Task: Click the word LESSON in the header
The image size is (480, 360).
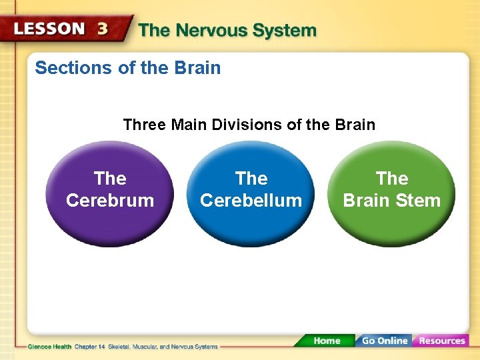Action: pyautogui.click(x=49, y=29)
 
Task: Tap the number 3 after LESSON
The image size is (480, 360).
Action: pyautogui.click(x=103, y=29)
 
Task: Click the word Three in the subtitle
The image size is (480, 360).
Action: pyautogui.click(x=144, y=125)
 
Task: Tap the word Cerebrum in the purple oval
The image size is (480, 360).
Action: pyautogui.click(x=110, y=201)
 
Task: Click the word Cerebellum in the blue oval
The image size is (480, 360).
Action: pyautogui.click(x=251, y=201)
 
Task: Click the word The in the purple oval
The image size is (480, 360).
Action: pyautogui.click(x=110, y=179)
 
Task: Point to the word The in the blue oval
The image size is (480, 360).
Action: pyautogui.click(x=251, y=179)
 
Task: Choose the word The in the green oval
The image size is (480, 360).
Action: pyautogui.click(x=392, y=179)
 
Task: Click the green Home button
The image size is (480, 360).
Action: pyautogui.click(x=326, y=341)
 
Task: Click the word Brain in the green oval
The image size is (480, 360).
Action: pyautogui.click(x=365, y=201)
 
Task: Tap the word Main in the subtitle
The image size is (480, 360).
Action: pyautogui.click(x=190, y=125)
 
